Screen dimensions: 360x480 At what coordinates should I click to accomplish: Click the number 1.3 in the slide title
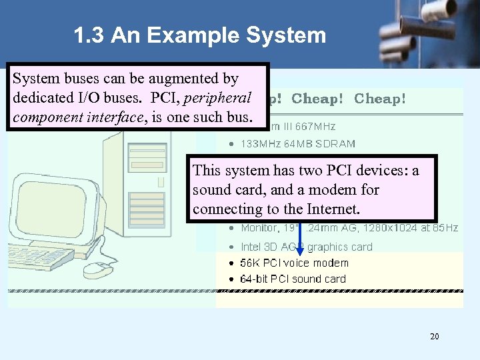pos(89,35)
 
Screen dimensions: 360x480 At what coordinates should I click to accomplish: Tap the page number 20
pos(435,337)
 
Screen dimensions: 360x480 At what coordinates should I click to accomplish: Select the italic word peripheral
pos(217,98)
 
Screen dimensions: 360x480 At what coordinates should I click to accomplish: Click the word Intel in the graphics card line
pos(251,247)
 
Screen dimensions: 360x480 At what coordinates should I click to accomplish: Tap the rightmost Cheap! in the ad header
pos(379,99)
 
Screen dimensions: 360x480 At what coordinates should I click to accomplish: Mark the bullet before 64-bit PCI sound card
pos(231,279)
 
